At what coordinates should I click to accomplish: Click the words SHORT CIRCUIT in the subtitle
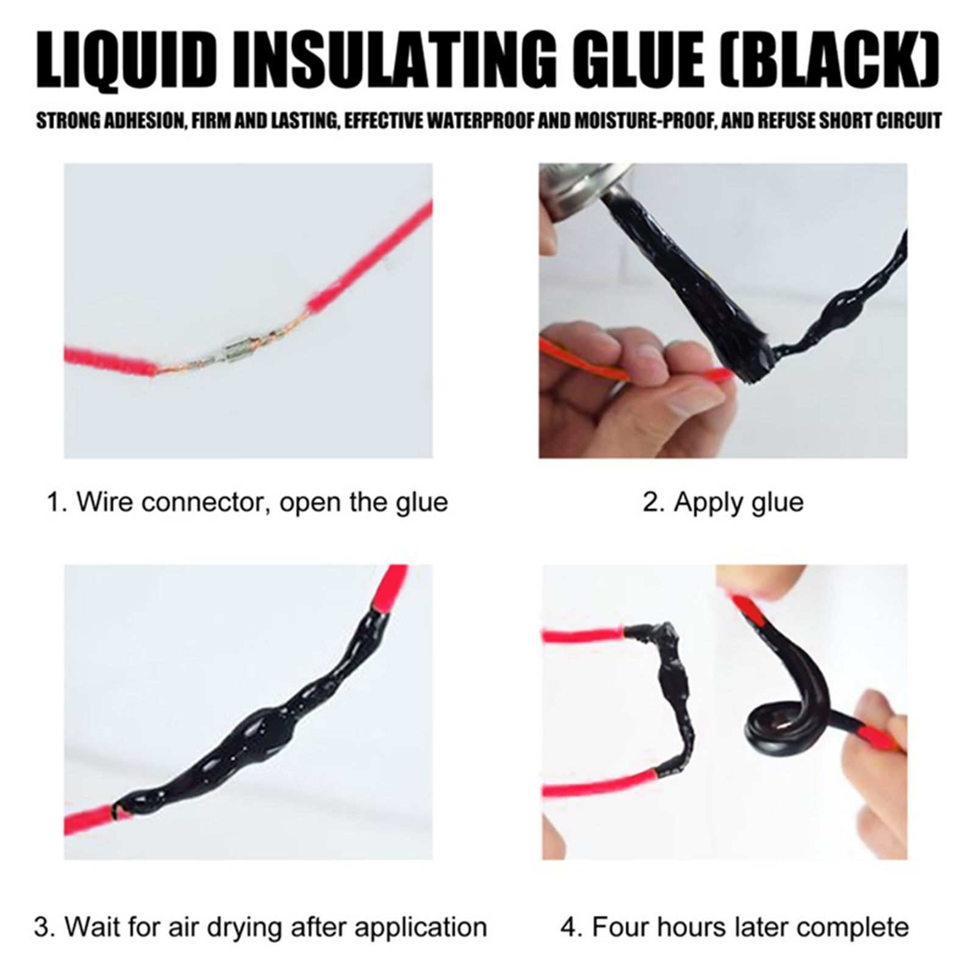877,121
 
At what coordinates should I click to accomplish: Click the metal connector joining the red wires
234,353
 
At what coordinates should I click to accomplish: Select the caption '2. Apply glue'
723,503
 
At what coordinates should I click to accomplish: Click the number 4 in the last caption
569,928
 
